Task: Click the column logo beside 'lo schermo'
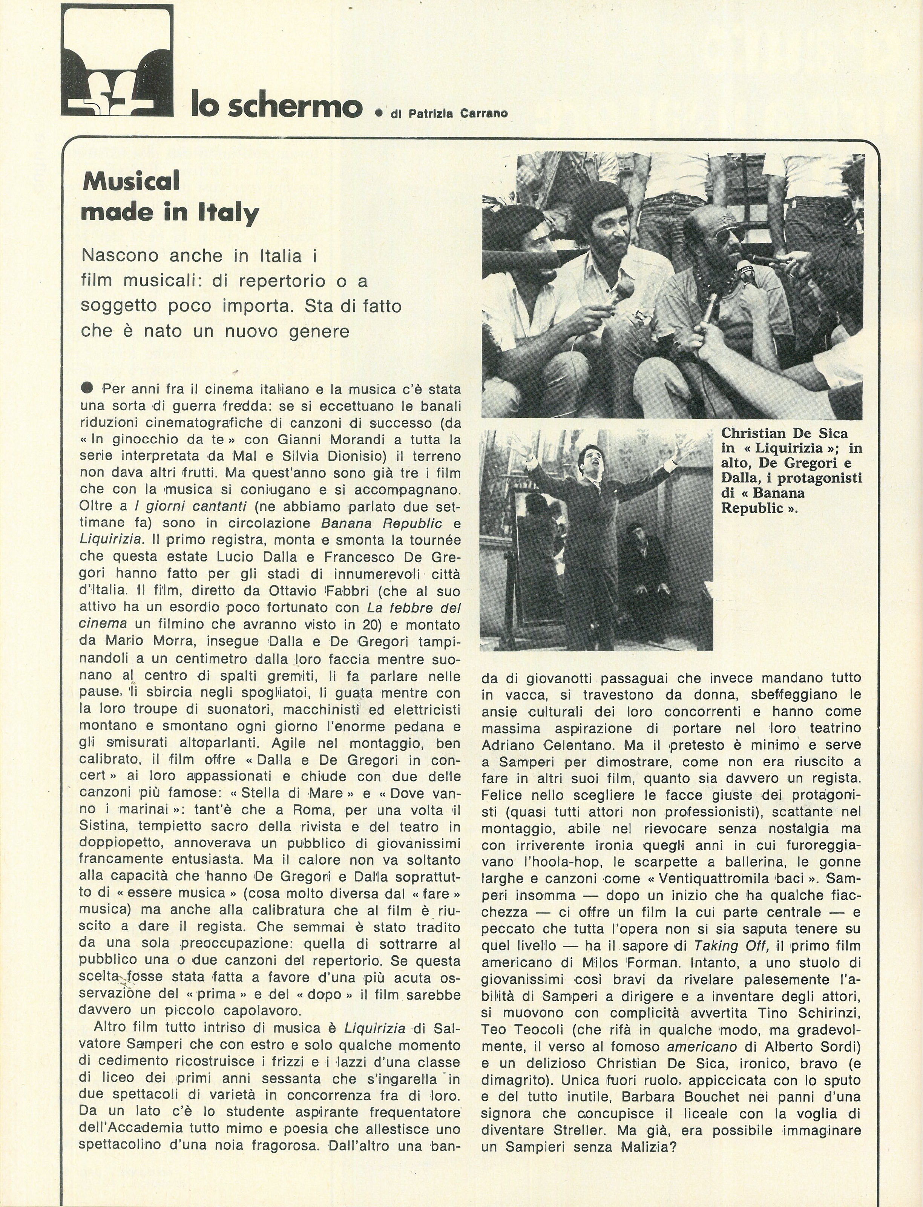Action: pos(117,60)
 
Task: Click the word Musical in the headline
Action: pos(131,181)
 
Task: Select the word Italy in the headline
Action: pos(227,213)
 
